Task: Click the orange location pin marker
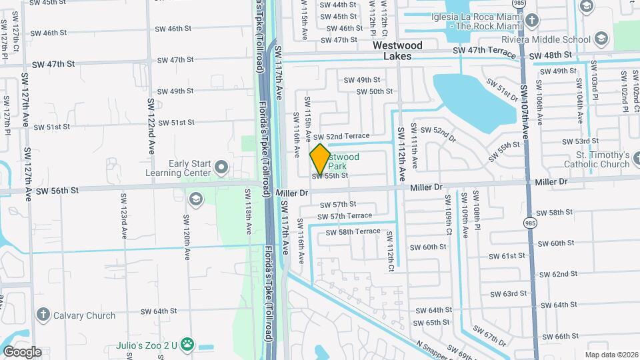320,159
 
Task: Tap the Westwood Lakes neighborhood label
397,51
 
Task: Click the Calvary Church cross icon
43,313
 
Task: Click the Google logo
22,352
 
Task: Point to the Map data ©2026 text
611,355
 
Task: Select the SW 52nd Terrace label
346,136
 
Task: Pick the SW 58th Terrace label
353,232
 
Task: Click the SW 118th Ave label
248,212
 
